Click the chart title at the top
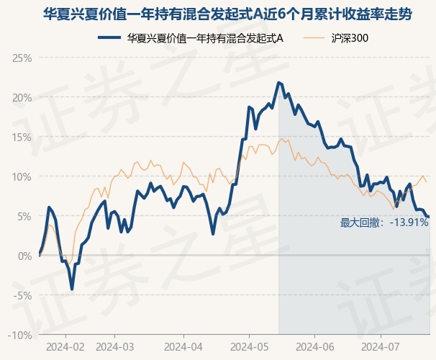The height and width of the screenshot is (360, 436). pyautogui.click(x=227, y=14)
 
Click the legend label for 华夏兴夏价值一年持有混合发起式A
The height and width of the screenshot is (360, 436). pyautogui.click(x=205, y=38)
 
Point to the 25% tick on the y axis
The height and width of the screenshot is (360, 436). pyautogui.click(x=22, y=58)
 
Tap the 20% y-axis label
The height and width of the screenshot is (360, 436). pyautogui.click(x=22, y=98)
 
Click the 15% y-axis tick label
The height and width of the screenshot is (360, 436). pyautogui.click(x=22, y=138)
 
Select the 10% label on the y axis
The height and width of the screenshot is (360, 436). pyautogui.click(x=22, y=177)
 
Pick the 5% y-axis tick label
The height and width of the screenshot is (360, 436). pyautogui.click(x=24, y=217)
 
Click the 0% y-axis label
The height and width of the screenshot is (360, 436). pyautogui.click(x=24, y=256)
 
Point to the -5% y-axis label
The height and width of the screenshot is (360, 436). pyautogui.click(x=22, y=295)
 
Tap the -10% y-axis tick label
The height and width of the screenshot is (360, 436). pyautogui.click(x=20, y=336)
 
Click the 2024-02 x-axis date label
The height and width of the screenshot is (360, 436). pyautogui.click(x=65, y=347)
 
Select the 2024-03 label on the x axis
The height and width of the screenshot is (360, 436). pyautogui.click(x=115, y=347)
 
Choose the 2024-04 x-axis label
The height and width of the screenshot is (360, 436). pyautogui.click(x=183, y=347)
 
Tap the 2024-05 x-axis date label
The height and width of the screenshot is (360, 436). pyautogui.click(x=250, y=347)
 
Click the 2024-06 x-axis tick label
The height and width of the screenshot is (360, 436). pyautogui.click(x=314, y=347)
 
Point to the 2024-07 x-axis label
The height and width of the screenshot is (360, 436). pyautogui.click(x=381, y=347)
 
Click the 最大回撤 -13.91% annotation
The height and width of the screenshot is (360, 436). pyautogui.click(x=384, y=223)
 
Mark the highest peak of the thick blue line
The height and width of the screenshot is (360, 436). pyautogui.click(x=278, y=82)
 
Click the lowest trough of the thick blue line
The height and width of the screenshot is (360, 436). pyautogui.click(x=72, y=289)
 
